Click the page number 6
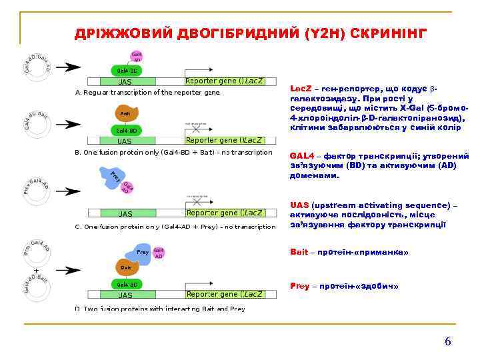click(448, 341)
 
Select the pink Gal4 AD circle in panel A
click(136, 57)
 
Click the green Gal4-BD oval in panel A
click(126, 71)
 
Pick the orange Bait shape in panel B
click(125, 114)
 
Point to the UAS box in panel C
click(125, 214)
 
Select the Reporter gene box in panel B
click(224, 141)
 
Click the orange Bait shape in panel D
click(125, 268)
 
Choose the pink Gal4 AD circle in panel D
click(158, 253)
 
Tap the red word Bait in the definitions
click(299, 252)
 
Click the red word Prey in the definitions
click(300, 286)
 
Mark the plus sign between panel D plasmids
click(36, 270)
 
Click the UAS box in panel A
click(125, 82)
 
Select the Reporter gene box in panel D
click(224, 294)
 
